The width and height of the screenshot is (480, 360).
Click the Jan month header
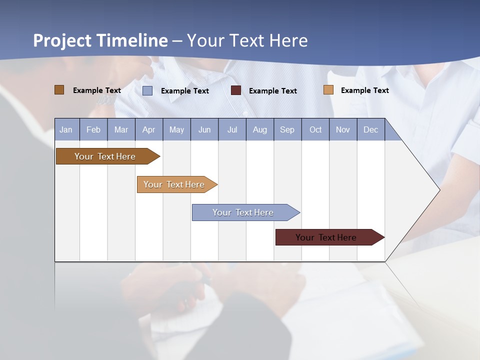(66, 129)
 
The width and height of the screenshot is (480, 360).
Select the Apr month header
(148, 129)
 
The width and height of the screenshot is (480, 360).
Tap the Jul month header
(232, 129)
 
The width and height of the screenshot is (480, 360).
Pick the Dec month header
(370, 129)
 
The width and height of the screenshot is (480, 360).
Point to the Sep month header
(287, 129)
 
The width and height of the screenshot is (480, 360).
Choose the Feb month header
(93, 129)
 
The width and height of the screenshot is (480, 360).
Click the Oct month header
(315, 129)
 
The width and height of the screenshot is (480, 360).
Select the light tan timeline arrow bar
(175, 184)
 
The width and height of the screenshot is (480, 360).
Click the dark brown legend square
(59, 90)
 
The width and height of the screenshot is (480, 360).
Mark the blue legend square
(147, 90)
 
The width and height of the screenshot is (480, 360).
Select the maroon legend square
(236, 90)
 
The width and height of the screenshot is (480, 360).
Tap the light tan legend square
(328, 90)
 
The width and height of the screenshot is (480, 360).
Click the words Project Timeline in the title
(100, 40)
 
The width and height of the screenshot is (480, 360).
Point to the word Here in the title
(288, 40)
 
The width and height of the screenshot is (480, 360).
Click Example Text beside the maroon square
(273, 91)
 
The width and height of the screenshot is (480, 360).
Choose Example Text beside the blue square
(185, 91)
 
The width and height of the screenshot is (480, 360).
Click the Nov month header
(343, 129)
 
